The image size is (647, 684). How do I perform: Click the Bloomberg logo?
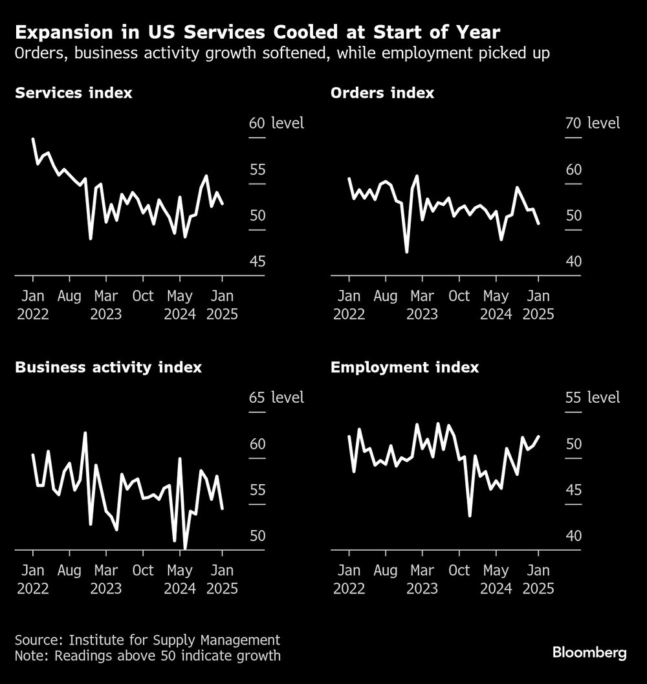point(589,653)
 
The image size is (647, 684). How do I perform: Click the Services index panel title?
point(73,93)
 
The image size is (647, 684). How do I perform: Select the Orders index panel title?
point(382,93)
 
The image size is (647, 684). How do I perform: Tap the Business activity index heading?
point(108,368)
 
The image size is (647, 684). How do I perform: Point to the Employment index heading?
point(404,368)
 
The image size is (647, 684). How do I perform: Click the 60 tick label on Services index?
point(257,123)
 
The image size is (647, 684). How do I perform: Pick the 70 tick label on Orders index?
point(573,123)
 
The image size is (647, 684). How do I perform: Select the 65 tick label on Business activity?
point(257,398)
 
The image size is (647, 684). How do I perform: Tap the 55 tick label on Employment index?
point(573,398)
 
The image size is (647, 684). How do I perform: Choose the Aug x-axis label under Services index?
point(69,297)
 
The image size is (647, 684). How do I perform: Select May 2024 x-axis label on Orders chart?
point(496,305)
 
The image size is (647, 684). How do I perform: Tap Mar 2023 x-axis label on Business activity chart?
point(106,580)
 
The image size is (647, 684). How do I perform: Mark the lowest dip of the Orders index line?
point(407,251)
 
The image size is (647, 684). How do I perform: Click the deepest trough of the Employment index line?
point(470,515)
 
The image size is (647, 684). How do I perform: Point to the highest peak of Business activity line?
point(85,433)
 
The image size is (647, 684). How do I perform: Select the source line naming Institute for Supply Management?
point(148,641)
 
